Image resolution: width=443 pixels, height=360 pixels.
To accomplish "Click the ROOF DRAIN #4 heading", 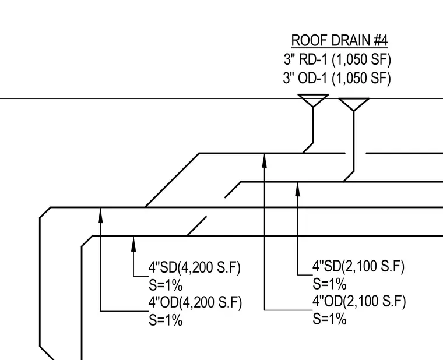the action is [x=339, y=40].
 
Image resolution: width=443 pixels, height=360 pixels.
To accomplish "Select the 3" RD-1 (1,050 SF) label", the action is [x=337, y=59].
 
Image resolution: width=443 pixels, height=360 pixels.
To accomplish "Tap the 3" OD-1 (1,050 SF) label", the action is [x=337, y=78].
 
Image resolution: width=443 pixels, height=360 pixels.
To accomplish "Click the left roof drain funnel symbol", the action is [x=313, y=100].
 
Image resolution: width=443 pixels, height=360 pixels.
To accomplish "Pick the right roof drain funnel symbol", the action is [x=354, y=104].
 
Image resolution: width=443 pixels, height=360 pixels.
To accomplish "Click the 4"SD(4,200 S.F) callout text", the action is [x=194, y=267].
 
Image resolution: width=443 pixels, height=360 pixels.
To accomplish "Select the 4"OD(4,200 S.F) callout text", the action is [x=195, y=302].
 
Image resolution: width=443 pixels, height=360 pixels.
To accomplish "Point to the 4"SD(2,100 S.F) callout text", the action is [x=358, y=266].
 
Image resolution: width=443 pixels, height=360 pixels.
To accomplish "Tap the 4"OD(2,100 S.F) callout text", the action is [x=359, y=301].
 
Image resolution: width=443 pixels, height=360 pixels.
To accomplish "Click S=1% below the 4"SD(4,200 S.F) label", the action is [x=166, y=285].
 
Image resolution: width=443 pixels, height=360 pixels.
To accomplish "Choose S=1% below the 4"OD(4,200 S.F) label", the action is [x=166, y=320].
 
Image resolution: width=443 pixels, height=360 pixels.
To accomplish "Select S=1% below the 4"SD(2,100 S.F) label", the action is [x=329, y=284].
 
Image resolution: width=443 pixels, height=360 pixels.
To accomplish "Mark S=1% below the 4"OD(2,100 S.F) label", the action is [x=329, y=319].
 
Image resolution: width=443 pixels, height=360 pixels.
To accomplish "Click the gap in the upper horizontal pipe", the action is [x=356, y=153].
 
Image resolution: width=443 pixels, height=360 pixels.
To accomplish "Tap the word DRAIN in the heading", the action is [x=351, y=40].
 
